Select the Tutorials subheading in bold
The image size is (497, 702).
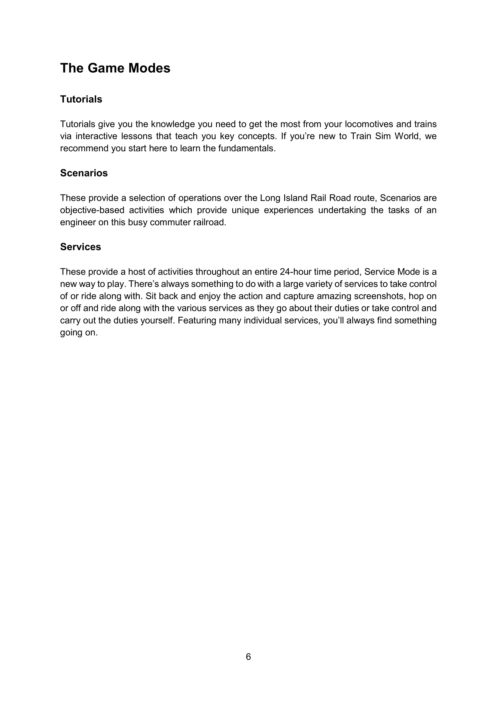(x=81, y=99)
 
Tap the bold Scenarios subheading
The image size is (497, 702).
(x=84, y=173)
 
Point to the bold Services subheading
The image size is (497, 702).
(x=81, y=247)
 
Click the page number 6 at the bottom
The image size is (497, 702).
(x=248, y=657)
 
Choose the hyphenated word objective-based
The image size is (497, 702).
(x=92, y=210)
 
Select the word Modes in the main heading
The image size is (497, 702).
(x=149, y=68)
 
